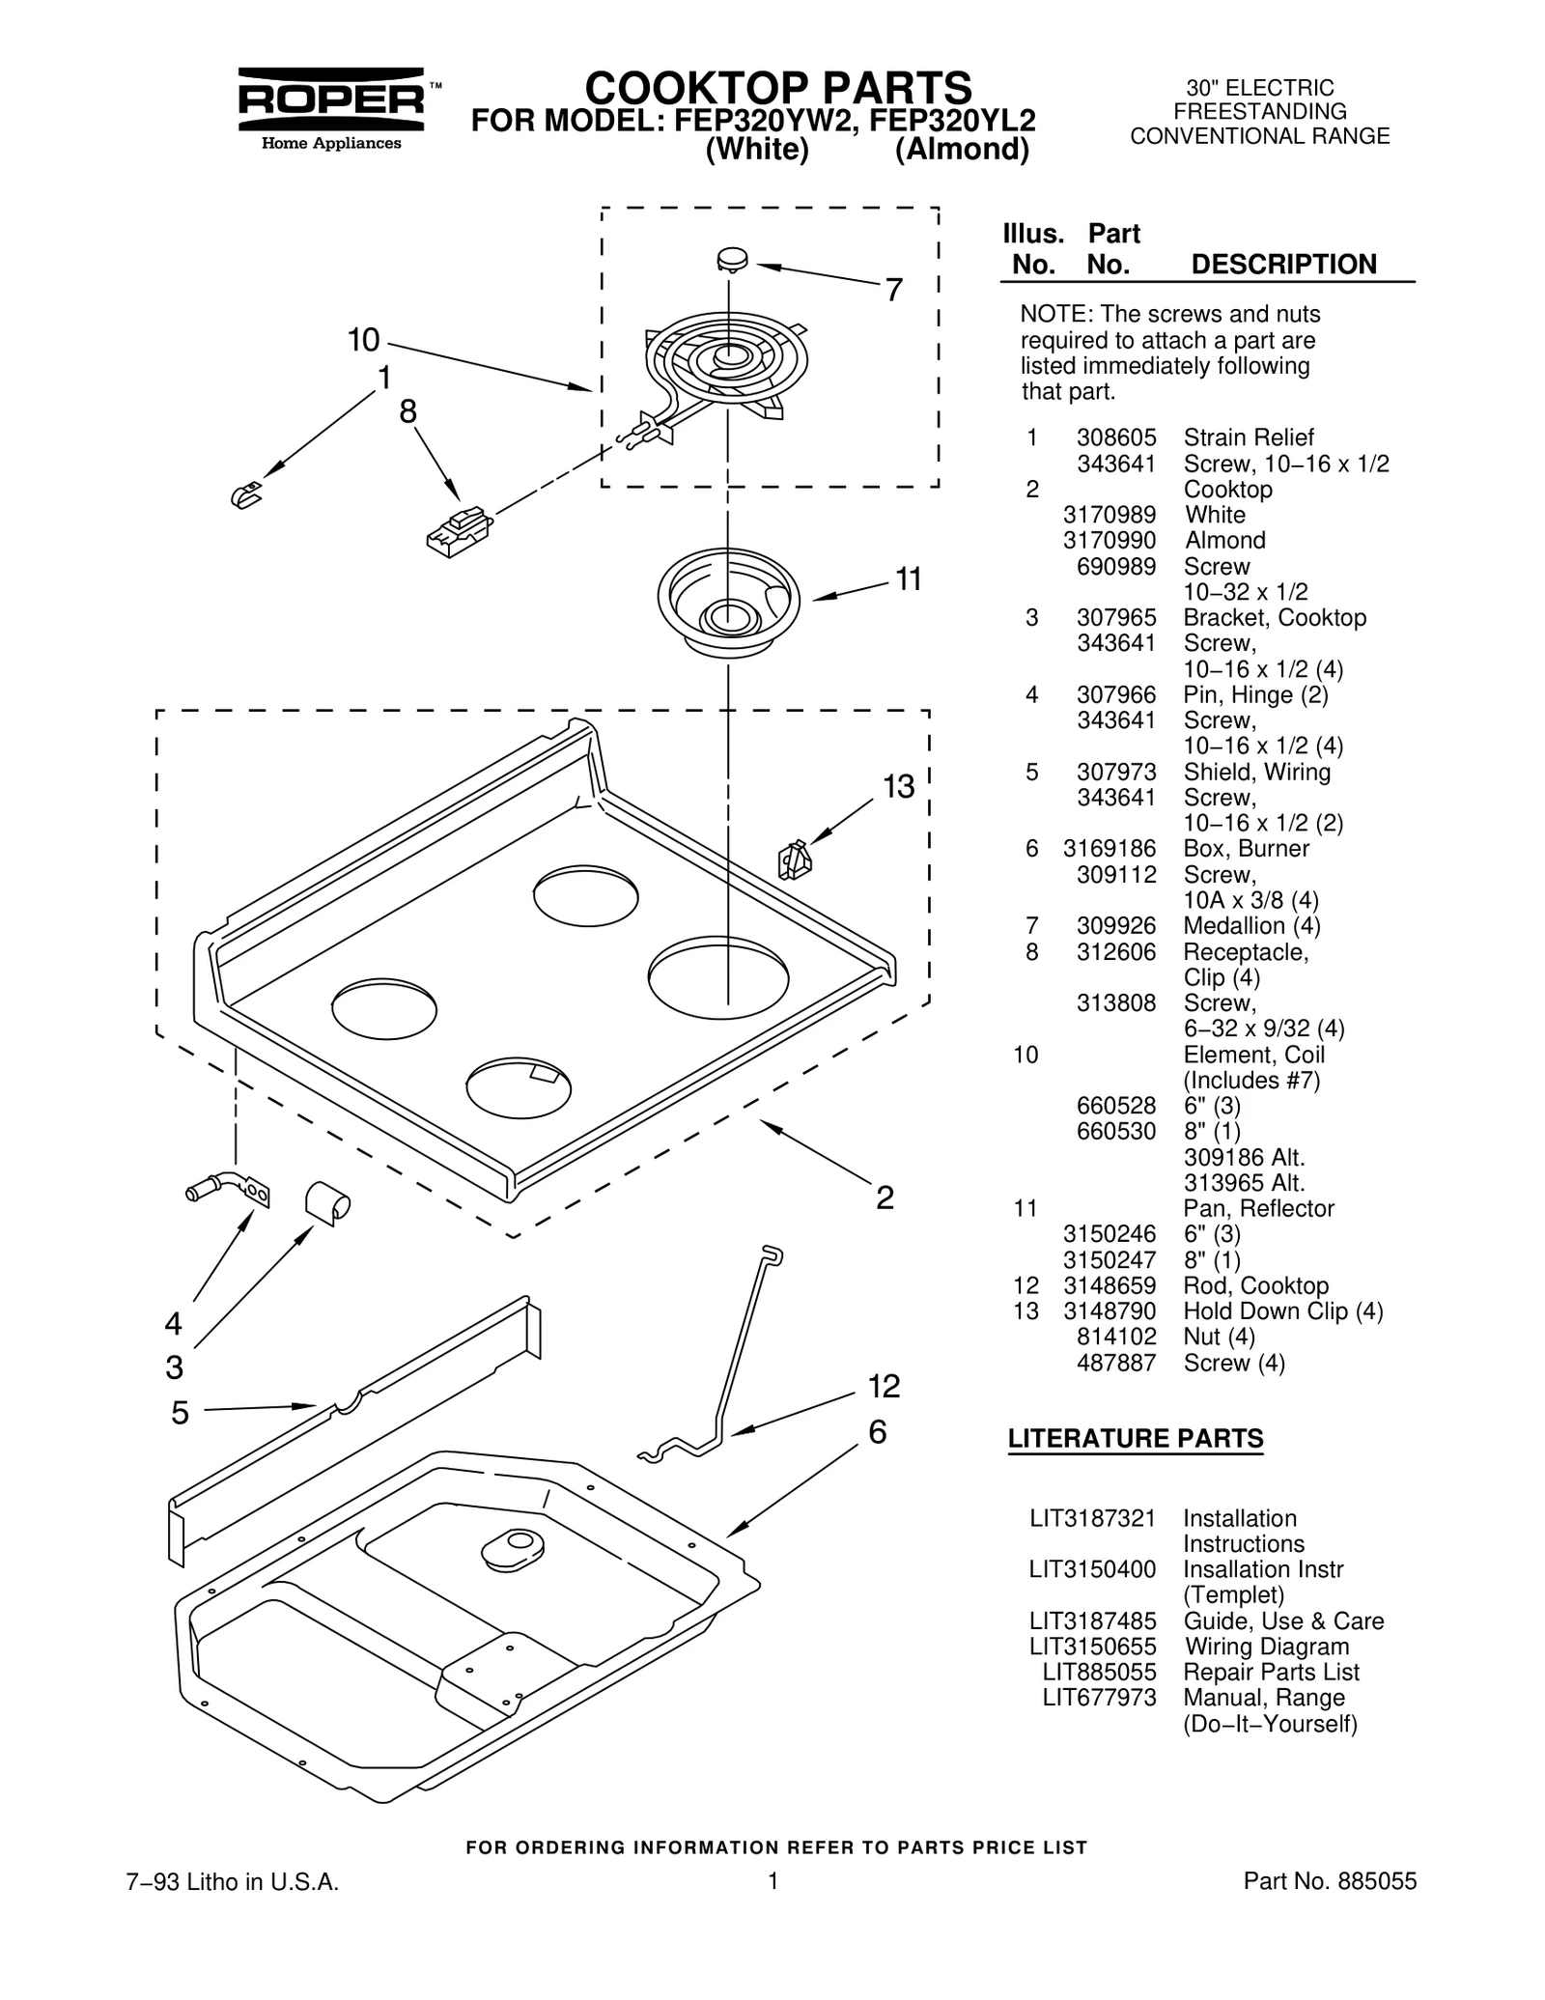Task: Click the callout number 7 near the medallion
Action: (893, 289)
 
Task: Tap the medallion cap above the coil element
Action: (734, 259)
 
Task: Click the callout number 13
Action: (898, 787)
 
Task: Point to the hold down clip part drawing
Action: (794, 860)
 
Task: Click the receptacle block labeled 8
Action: (459, 530)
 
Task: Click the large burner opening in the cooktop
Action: (717, 977)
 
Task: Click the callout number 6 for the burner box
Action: (877, 1432)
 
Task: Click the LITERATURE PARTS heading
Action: (1135, 1438)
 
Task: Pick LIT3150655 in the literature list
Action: (1092, 1647)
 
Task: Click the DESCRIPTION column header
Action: (1283, 265)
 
